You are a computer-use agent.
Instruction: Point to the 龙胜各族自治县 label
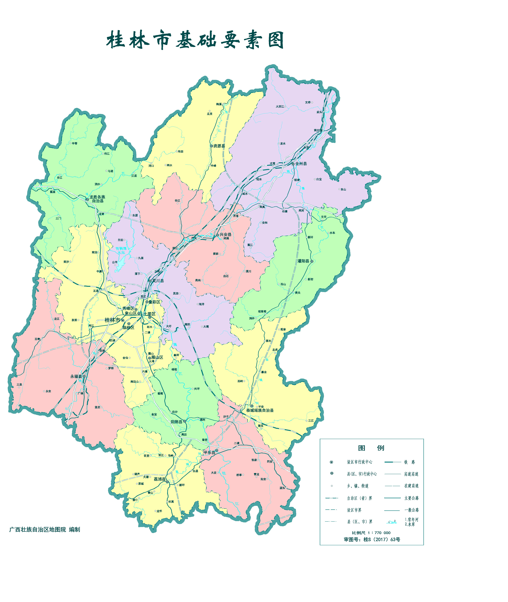click(97, 199)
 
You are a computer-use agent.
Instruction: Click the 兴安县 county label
click(226, 235)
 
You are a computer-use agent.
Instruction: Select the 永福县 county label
click(76, 377)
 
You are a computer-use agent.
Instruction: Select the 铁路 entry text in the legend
click(409, 462)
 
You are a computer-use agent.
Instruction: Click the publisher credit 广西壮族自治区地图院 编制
click(45, 530)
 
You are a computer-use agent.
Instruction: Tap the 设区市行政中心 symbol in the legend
click(331, 462)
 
